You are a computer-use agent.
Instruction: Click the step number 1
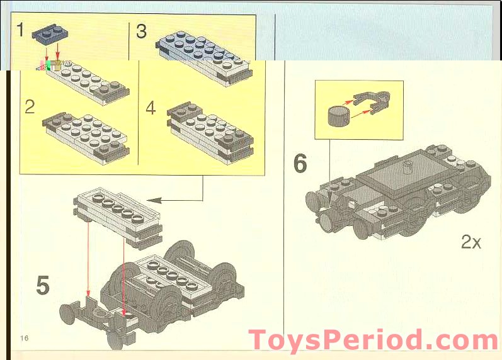(20, 30)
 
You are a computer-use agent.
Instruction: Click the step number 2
(30, 106)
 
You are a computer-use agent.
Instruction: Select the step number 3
(141, 31)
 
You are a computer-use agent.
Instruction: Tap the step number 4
(151, 108)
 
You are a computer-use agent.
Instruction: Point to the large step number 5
(42, 284)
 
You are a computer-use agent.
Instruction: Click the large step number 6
(300, 164)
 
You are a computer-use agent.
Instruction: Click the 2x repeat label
(471, 242)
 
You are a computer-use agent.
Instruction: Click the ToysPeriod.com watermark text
(374, 340)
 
